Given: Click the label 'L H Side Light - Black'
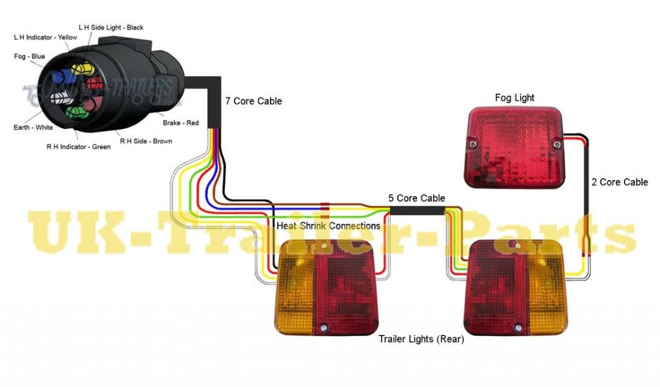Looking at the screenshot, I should tap(111, 28).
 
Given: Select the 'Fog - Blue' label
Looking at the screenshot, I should tap(30, 57).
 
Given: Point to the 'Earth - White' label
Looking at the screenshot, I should tap(34, 128).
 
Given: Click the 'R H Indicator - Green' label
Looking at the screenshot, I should tap(79, 146).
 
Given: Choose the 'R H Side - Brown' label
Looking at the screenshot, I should tap(146, 141).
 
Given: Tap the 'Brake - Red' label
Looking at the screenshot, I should tap(180, 122).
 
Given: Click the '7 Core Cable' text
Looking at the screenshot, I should tap(253, 101).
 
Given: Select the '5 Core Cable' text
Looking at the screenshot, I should tap(416, 198).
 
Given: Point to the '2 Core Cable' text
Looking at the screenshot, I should tap(619, 183).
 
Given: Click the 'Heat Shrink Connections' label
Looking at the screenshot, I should tap(328, 226).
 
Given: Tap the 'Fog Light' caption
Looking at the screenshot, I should tap(514, 98).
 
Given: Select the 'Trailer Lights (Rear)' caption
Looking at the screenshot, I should tap(421, 339).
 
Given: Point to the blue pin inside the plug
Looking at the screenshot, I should tap(59, 77).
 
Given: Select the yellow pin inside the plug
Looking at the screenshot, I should tap(80, 68).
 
